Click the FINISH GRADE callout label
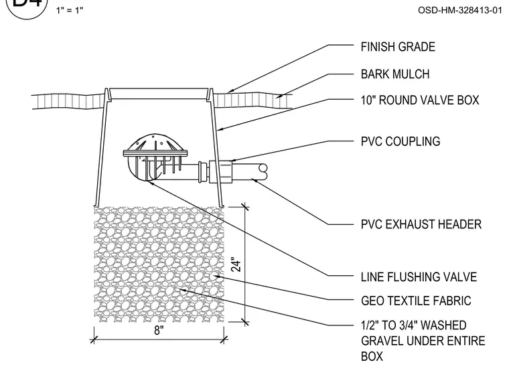pos(398,47)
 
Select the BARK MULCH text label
pos(395,74)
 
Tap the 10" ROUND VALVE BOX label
pos(420,100)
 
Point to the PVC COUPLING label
pos(401,141)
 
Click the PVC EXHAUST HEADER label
pos(421,224)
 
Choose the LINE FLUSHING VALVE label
pos(419,277)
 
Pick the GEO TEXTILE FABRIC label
pos(416,301)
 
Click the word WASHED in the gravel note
pos(444,325)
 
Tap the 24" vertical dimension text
pos(237,264)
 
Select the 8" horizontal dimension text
pos(159,330)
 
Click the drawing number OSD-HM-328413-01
pos(460,11)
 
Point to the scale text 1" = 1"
pos(70,11)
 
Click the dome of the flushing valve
pos(155,142)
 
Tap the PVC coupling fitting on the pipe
pos(220,171)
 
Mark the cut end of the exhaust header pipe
pos(263,172)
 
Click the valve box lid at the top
pos(159,94)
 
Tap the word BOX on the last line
pos(372,356)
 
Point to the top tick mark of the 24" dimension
pos(245,206)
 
